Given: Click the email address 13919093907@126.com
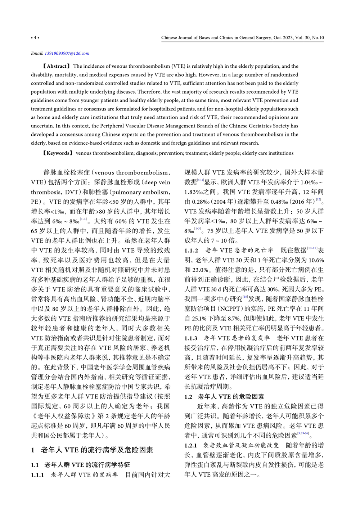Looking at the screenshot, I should pos(67,53).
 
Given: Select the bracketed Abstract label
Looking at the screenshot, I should pos(56,66).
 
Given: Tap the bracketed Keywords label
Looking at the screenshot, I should pos(58,153).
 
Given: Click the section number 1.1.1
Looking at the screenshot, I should pos(37,475).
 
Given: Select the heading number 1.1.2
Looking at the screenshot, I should pos(191,250).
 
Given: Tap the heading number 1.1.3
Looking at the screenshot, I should pos(191,338).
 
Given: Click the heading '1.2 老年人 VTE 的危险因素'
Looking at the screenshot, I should pos(224,397).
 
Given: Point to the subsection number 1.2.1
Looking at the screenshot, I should pos(191,446).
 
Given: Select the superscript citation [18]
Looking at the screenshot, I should pos(245,297).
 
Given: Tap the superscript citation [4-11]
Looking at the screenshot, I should pos(201,180).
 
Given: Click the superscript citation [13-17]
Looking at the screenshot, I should pos(312,248).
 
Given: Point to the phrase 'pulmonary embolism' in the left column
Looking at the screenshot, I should pos(140,192).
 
